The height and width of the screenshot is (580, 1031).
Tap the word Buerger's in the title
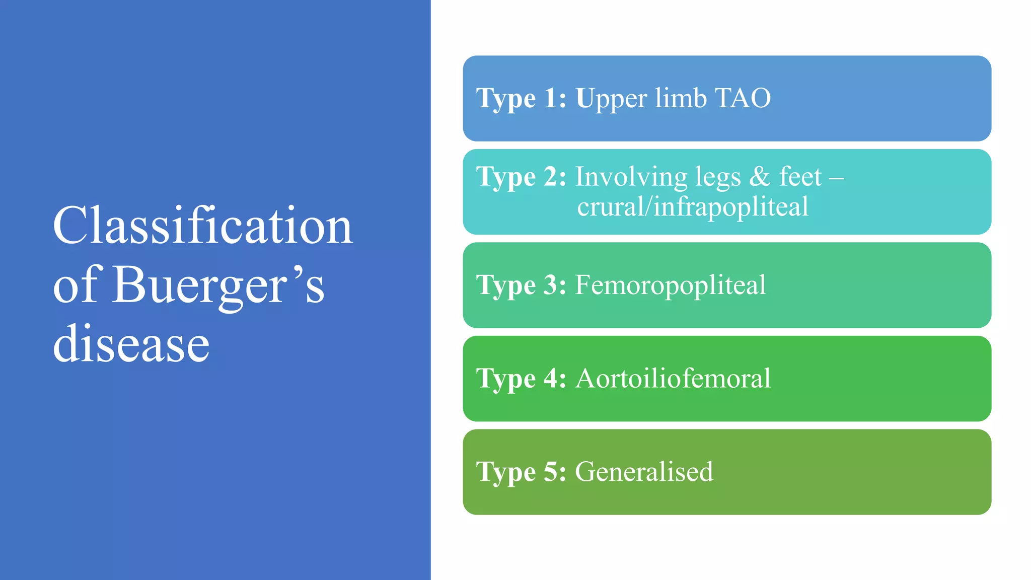coord(218,285)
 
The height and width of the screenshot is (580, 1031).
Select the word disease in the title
coord(131,344)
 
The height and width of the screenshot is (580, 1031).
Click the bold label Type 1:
coord(521,98)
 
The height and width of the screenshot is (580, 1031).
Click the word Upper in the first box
coord(611,99)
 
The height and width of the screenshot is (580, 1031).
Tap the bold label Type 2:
coord(521,177)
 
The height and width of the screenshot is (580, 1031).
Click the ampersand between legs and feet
coord(760,177)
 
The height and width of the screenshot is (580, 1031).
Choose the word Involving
coord(631,178)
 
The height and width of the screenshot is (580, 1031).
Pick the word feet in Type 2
coord(800,177)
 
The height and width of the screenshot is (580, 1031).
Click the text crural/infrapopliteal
coord(693,207)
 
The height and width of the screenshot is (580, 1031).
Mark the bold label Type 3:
coord(521,285)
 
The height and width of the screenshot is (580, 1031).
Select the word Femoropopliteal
coord(670,285)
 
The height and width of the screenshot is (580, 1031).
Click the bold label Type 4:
coord(521,379)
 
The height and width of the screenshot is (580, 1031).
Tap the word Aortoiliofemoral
coord(673,379)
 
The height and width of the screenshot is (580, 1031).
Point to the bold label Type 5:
coord(521,472)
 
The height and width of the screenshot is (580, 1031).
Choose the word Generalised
coord(644,472)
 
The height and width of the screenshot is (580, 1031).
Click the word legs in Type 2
coord(718,178)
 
